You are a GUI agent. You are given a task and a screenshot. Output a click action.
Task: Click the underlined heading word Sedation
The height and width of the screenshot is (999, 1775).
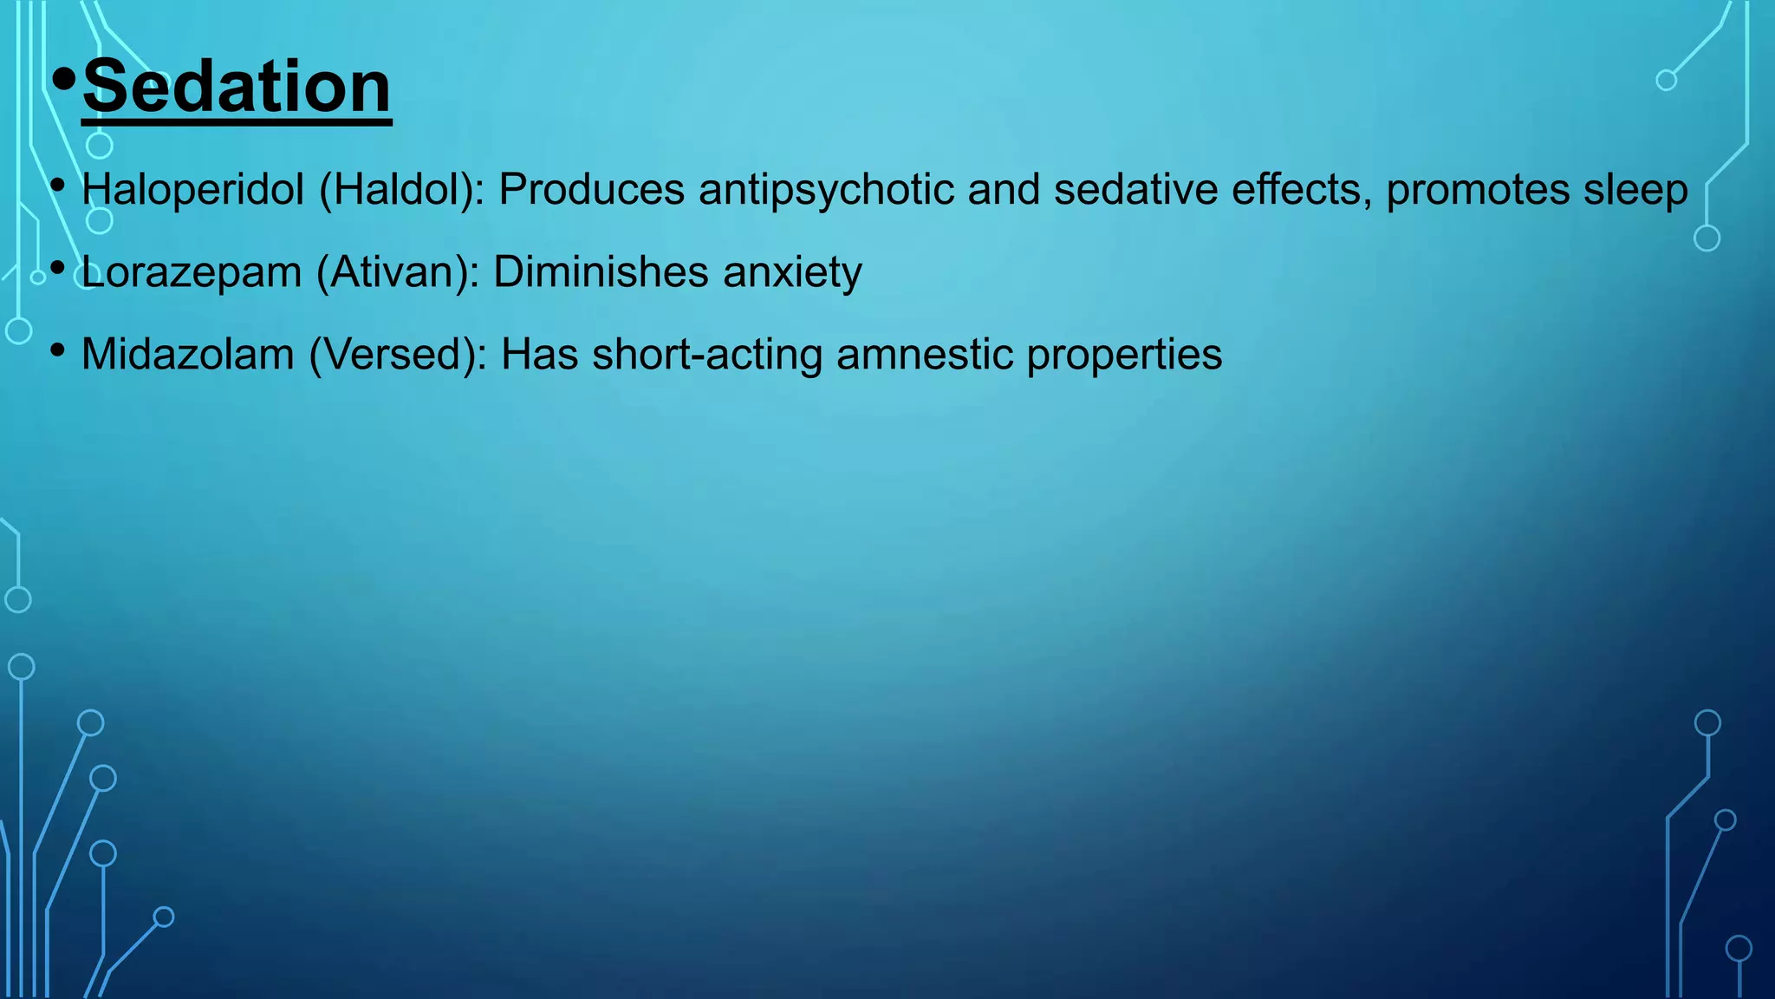click(x=237, y=87)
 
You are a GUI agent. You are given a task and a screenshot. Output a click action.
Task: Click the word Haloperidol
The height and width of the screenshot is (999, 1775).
click(x=192, y=189)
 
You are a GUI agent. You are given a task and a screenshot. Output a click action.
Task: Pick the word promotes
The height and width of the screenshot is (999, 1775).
click(x=1478, y=189)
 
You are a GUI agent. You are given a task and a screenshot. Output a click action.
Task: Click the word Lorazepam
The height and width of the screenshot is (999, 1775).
click(x=191, y=272)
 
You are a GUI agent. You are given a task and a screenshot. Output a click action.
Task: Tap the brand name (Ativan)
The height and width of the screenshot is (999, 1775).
click(x=398, y=272)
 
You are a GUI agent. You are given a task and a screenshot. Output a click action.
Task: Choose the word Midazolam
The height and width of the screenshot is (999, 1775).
click(x=187, y=355)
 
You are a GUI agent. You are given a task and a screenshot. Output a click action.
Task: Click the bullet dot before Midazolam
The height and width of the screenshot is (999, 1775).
click(x=58, y=350)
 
